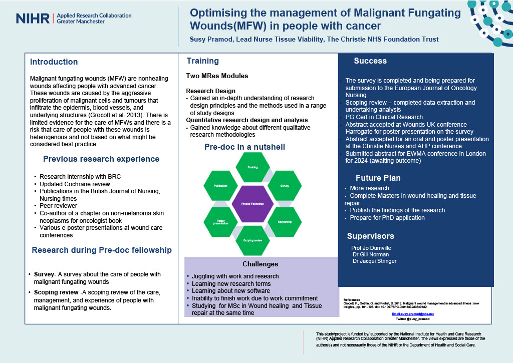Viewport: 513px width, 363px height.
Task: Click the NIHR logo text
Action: [33, 19]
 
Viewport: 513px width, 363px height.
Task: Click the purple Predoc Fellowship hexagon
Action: [252, 203]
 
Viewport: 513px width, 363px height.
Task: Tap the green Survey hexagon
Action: [285, 186]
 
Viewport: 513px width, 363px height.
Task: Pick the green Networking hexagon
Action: [285, 221]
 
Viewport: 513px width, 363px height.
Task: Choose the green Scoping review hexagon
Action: [252, 240]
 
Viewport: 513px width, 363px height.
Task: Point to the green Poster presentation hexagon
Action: [221, 221]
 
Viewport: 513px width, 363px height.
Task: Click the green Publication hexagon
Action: [221, 186]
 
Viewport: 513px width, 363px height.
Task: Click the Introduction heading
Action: [54, 62]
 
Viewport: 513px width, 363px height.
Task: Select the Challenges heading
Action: [260, 264]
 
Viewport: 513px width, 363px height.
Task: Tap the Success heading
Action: [370, 61]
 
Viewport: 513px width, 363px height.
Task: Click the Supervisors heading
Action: [371, 236]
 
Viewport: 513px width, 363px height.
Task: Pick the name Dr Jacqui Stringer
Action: [374, 261]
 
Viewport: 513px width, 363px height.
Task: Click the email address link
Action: [413, 314]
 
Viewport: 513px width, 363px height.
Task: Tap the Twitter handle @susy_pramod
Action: [413, 318]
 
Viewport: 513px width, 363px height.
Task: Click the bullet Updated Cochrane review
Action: [71, 184]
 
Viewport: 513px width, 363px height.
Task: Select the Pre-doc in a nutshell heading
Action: [244, 147]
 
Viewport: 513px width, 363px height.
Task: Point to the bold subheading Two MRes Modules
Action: [217, 76]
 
